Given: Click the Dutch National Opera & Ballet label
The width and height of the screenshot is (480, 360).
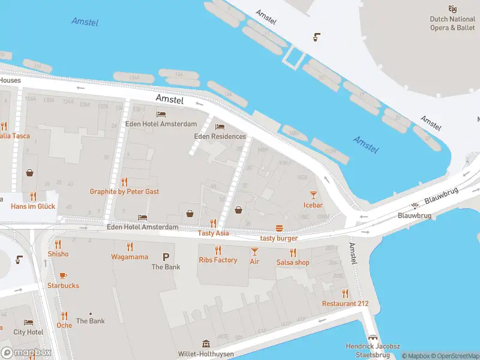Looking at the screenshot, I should coord(452,23).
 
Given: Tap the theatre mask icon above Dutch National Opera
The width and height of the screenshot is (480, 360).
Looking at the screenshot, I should coord(452,8).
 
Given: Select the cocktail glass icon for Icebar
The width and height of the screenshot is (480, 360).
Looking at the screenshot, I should coord(313,194).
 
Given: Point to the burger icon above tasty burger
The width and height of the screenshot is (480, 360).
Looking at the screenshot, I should coord(279,228).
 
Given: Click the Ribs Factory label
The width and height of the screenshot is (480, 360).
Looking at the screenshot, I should coord(218,260).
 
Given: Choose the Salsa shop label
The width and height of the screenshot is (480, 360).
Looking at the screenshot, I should coord(293,262).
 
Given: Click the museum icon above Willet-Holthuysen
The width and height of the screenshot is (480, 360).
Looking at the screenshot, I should coord(206,344).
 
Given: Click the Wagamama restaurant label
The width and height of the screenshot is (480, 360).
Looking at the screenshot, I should coord(130,257).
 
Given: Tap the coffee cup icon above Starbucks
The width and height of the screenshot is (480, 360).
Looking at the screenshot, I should coord(63,275).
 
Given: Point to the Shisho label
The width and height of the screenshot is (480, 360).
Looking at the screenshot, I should coord(58,254).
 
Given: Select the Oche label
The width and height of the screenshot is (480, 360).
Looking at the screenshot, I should coord(64,325).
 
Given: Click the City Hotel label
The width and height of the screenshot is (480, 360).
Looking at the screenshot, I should coord(28,332).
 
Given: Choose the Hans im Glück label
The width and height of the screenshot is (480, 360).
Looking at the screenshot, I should coord(33,206).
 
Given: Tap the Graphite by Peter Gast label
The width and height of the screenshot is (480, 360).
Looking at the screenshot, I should coord(124,191).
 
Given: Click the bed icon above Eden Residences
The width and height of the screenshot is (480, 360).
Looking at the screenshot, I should coord(220,127).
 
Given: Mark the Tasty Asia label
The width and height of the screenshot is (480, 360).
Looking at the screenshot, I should coord(213,233).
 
